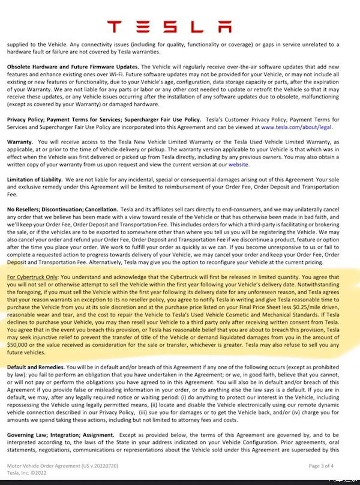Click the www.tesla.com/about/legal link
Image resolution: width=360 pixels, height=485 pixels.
coord(296,127)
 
